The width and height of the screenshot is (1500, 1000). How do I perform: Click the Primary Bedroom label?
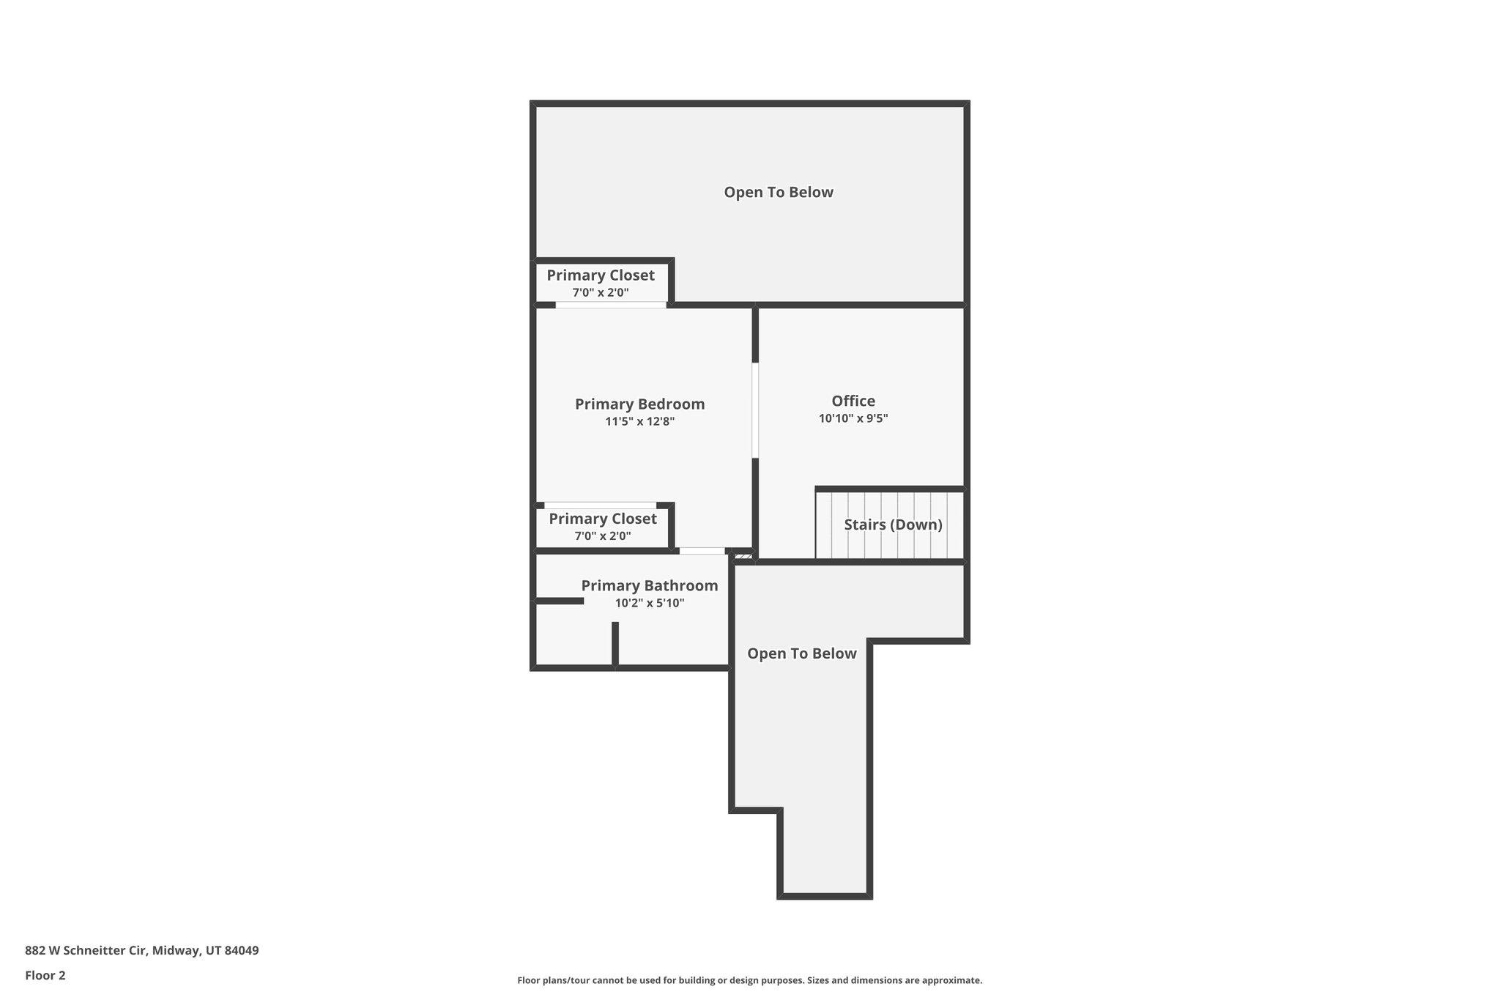pyautogui.click(x=639, y=404)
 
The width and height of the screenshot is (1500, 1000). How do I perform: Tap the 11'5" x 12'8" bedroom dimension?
pyautogui.click(x=639, y=422)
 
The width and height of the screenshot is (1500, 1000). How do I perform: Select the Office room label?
pyautogui.click(x=853, y=401)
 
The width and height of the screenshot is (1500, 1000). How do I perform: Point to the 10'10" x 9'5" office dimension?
pyautogui.click(x=853, y=419)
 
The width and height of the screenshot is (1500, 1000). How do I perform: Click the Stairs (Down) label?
pyautogui.click(x=893, y=525)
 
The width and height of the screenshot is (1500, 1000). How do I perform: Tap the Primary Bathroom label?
pyautogui.click(x=649, y=585)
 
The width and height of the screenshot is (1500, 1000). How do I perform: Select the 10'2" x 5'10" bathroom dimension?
pyautogui.click(x=649, y=604)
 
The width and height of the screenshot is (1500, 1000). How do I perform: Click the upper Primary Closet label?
pyautogui.click(x=601, y=275)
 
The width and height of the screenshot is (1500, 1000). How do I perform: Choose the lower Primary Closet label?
pyautogui.click(x=603, y=519)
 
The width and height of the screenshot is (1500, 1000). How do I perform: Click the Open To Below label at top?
pyautogui.click(x=779, y=192)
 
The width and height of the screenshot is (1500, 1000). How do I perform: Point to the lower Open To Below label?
pyautogui.click(x=801, y=653)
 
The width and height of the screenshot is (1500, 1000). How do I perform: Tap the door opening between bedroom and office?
pyautogui.click(x=755, y=410)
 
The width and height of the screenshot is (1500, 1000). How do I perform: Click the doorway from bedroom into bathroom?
pyautogui.click(x=702, y=551)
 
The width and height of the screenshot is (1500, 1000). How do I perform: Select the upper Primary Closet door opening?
pyautogui.click(x=611, y=305)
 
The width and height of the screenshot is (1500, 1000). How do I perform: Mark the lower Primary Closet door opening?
pyautogui.click(x=600, y=505)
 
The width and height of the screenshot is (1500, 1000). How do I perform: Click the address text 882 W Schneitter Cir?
pyautogui.click(x=142, y=950)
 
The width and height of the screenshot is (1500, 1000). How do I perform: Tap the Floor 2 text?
pyautogui.click(x=45, y=975)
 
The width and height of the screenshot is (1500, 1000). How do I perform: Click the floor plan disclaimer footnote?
pyautogui.click(x=749, y=980)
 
